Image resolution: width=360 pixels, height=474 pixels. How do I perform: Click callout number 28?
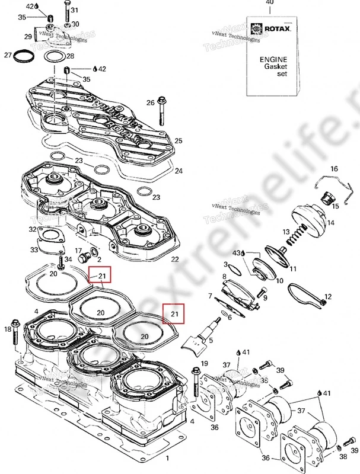pos(70,56)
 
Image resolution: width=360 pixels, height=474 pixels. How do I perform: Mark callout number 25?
pos(178,140)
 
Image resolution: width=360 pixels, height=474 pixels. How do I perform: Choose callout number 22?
pos(174,260)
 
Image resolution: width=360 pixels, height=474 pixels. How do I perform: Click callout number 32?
pos(32,229)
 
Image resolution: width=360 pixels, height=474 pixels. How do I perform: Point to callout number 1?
pos(167,459)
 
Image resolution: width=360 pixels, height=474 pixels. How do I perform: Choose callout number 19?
pos(205,363)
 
